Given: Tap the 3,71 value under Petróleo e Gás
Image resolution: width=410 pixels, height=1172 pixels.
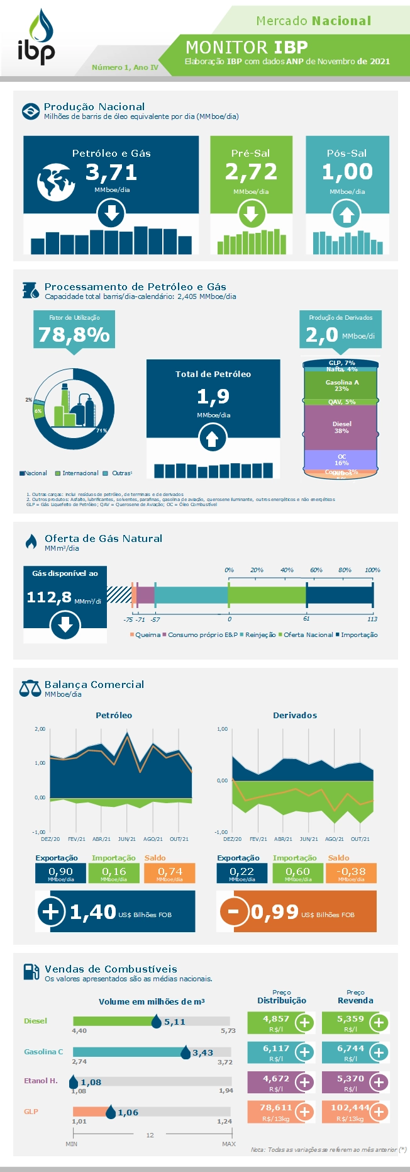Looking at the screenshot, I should [111, 172].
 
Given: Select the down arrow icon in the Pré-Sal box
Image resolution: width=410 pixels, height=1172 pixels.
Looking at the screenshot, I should [251, 215].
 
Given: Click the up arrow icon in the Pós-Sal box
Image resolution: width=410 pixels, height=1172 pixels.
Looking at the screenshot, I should [347, 215].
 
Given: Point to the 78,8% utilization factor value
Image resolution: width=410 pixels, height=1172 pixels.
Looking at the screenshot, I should [74, 334].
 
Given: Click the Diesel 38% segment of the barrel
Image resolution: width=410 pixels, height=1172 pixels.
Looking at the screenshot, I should [341, 427].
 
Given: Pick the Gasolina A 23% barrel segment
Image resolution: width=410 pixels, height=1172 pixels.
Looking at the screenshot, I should [341, 385].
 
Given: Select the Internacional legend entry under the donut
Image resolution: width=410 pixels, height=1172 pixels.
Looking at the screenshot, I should [77, 473].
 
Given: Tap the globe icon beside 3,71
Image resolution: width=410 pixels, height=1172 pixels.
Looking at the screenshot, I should [55, 182].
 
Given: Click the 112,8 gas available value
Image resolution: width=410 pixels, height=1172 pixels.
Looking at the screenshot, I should [49, 597].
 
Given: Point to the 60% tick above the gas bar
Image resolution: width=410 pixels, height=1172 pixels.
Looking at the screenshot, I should [316, 570].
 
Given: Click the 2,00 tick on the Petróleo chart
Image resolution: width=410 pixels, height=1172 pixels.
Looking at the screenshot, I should [40, 729].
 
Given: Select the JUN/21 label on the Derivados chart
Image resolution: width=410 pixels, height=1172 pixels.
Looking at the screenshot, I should [309, 839].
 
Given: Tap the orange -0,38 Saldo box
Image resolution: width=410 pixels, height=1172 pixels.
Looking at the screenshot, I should [351, 873].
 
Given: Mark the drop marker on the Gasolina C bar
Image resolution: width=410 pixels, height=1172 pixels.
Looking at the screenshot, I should [186, 1052].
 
